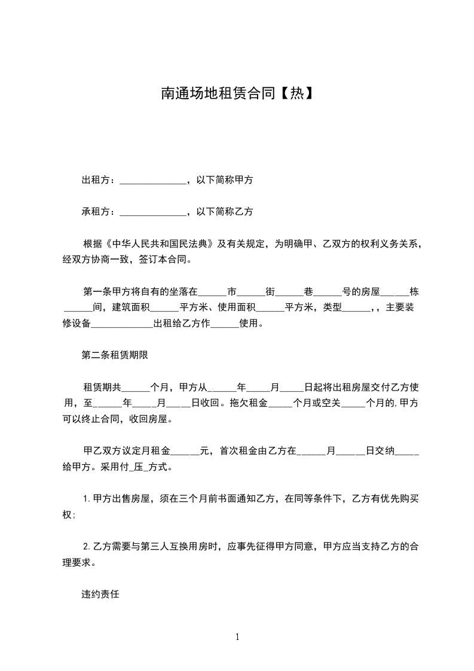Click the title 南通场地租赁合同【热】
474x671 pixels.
tap(237, 93)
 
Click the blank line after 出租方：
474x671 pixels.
tap(154, 180)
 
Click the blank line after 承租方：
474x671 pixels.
tap(154, 212)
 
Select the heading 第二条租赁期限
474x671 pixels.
tap(115, 355)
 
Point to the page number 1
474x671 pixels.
tap(237, 637)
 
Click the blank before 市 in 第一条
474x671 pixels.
tap(212, 292)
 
